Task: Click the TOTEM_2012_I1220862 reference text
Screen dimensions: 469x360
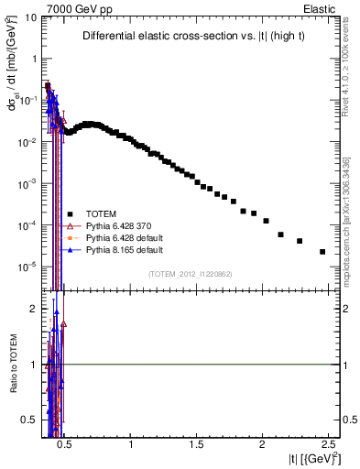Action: [190, 274]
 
